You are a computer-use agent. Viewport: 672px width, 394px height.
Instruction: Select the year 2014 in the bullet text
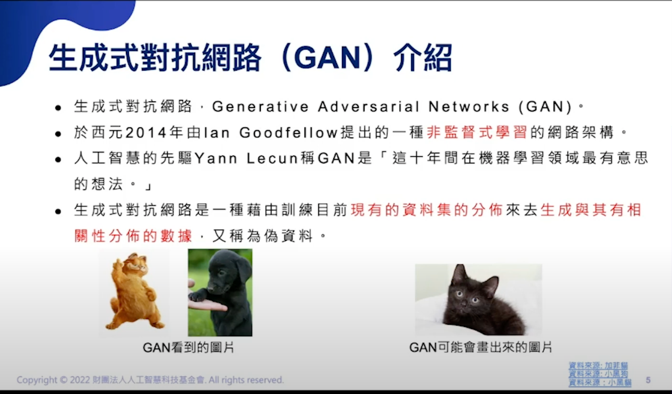(x=146, y=133)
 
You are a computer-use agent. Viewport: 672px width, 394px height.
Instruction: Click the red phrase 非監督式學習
(x=477, y=132)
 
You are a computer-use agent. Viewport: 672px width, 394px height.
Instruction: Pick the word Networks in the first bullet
(x=469, y=107)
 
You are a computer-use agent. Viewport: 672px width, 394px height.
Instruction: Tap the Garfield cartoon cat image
(x=134, y=292)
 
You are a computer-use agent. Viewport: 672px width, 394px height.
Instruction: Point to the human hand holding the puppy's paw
(x=207, y=304)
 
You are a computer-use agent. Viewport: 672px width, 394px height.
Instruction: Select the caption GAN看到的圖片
(x=188, y=348)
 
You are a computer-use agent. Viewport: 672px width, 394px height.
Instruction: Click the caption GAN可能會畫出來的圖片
(x=480, y=347)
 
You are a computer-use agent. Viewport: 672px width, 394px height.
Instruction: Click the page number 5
(x=648, y=380)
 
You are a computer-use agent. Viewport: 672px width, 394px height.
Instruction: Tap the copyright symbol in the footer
(x=63, y=380)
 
